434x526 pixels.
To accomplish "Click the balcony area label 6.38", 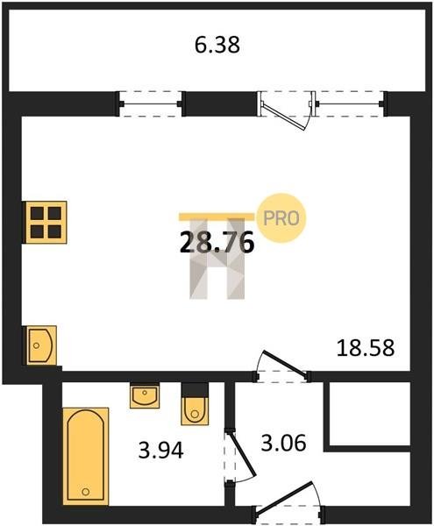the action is click(217, 45).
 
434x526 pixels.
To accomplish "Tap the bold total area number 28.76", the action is click(217, 243).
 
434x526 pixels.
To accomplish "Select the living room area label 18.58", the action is click(366, 347).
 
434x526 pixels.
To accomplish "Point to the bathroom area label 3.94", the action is click(161, 451).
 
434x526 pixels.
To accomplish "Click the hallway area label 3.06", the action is click(284, 443).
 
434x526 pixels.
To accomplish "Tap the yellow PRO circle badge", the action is click(281, 218).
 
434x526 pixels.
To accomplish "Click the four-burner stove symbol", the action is click(46, 223).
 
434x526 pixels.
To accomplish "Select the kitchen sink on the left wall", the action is click(41, 345).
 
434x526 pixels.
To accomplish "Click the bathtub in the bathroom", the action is click(86, 456).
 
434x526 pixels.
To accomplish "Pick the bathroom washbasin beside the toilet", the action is click(145, 396).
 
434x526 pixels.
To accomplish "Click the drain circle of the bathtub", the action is click(86, 492).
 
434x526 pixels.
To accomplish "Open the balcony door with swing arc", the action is click(286, 110).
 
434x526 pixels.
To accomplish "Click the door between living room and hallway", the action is click(282, 366).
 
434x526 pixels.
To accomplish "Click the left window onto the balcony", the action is click(151, 104).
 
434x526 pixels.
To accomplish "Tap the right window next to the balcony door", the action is click(350, 104).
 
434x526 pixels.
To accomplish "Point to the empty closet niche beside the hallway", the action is click(370, 414).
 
